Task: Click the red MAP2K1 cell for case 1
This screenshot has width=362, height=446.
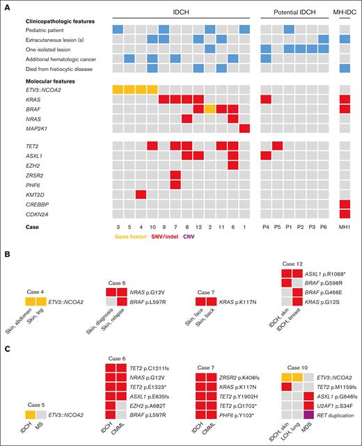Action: point(244,129)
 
